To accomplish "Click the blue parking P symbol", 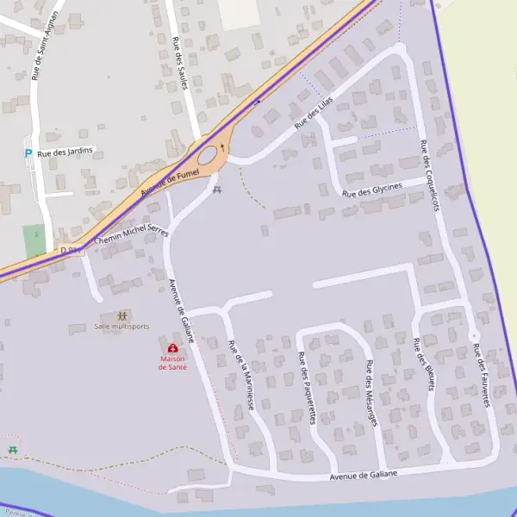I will pyautogui.click(x=28, y=153).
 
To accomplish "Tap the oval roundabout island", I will pyautogui.click(x=208, y=155).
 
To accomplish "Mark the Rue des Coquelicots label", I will pyautogui.click(x=430, y=176).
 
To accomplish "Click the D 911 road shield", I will pyautogui.click(x=71, y=250).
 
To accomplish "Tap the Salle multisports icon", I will pyautogui.click(x=121, y=316).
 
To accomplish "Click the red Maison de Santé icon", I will pyautogui.click(x=172, y=349).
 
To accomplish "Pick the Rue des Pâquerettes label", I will pyautogui.click(x=306, y=388).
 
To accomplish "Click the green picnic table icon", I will pyautogui.click(x=12, y=450).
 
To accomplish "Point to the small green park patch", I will pyautogui.click(x=34, y=241).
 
